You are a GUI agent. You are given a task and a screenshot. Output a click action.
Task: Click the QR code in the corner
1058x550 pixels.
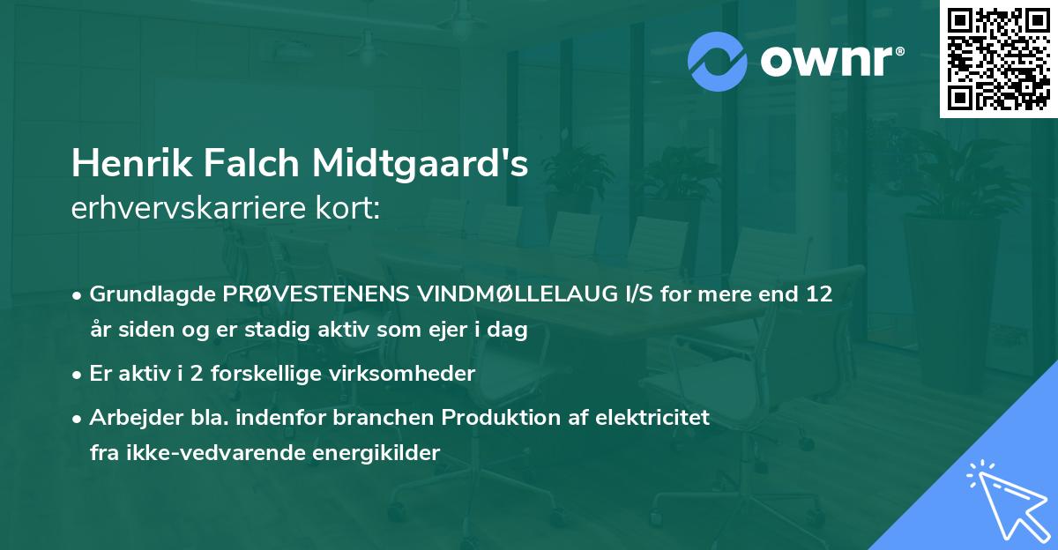pyautogui.click(x=998, y=59)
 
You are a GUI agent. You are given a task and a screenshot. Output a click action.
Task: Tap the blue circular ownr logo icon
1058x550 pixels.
pyautogui.click(x=718, y=61)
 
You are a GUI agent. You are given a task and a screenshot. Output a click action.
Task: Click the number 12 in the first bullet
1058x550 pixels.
pyautogui.click(x=818, y=294)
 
